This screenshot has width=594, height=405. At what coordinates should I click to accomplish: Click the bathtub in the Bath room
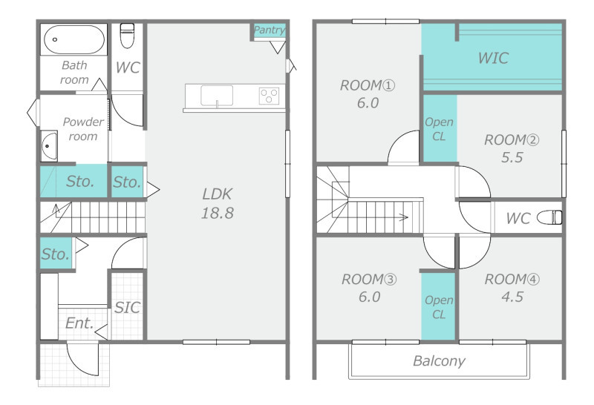click(x=74, y=39)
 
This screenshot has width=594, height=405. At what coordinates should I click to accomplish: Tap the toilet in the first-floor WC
click(x=127, y=36)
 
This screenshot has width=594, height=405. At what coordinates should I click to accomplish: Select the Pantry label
click(x=269, y=30)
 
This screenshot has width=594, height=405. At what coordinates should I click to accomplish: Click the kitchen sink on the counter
click(x=217, y=96)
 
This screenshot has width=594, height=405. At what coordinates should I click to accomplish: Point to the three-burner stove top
click(x=269, y=96)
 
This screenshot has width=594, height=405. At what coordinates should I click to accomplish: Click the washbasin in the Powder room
click(x=49, y=145)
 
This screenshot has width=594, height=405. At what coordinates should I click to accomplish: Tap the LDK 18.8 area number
click(x=217, y=213)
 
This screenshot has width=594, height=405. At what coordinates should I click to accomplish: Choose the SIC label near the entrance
click(x=127, y=308)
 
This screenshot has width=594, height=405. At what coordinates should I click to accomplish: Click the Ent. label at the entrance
click(x=79, y=323)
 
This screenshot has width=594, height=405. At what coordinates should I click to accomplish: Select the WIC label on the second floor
click(x=493, y=58)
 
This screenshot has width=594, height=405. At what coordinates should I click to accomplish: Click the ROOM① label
click(x=367, y=85)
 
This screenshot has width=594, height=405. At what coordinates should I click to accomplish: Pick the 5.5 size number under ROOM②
click(x=512, y=157)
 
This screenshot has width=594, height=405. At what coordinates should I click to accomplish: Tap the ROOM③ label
click(x=369, y=280)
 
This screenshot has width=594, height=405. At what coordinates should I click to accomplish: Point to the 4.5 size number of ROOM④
click(x=512, y=297)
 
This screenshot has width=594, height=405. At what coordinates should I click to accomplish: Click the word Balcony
click(x=439, y=361)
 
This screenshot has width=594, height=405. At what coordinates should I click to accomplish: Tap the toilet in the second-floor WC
click(x=549, y=217)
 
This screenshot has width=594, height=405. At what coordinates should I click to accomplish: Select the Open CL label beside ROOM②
click(x=439, y=129)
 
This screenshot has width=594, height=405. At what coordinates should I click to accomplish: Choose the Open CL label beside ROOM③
click(x=439, y=307)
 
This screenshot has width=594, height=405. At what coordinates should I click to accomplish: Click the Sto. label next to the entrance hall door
click(x=55, y=254)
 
